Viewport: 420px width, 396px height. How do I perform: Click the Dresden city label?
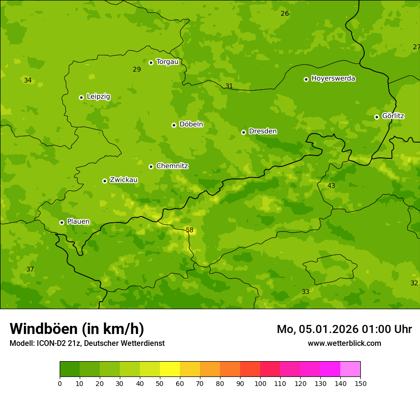point(262,131)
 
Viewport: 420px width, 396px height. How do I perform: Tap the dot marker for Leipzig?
point(81,97)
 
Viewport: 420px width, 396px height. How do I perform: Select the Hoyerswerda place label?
point(333,78)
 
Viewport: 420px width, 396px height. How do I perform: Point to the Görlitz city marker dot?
point(377,117)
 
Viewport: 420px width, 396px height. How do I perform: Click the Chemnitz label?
point(172,166)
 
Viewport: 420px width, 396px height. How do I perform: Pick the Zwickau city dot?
point(105,181)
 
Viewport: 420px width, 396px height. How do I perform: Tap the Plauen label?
point(78,221)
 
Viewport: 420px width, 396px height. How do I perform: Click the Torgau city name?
point(167,62)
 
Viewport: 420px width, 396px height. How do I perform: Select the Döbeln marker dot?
point(174,125)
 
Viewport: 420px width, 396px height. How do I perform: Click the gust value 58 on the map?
point(189,230)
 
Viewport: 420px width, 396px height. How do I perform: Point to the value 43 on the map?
point(331,186)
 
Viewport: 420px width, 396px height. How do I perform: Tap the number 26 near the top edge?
point(284,13)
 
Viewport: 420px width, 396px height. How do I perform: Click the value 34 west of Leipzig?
point(28,80)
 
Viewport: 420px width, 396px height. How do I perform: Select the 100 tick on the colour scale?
point(260,384)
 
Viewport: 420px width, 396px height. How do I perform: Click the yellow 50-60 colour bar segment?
point(170,369)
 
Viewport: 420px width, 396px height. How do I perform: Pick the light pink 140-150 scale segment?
point(350,369)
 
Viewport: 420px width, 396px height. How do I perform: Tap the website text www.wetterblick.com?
point(344,343)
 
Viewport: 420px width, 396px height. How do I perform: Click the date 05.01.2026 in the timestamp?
point(328,329)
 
